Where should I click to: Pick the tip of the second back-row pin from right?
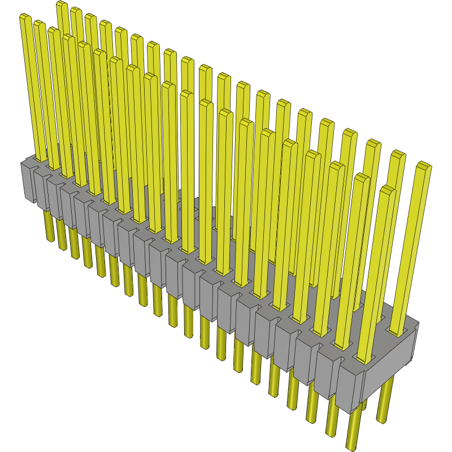(398, 154)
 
